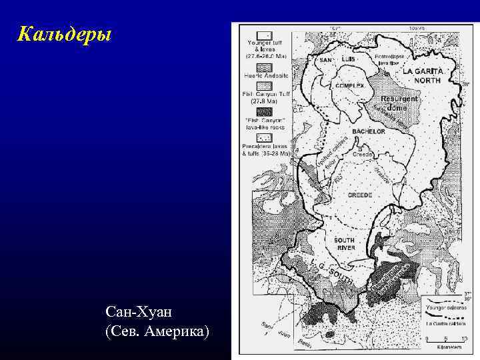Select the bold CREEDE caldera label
coord(361,195)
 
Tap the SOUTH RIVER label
coord(345,244)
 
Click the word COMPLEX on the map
coord(349,85)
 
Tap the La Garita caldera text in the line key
coord(446,323)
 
